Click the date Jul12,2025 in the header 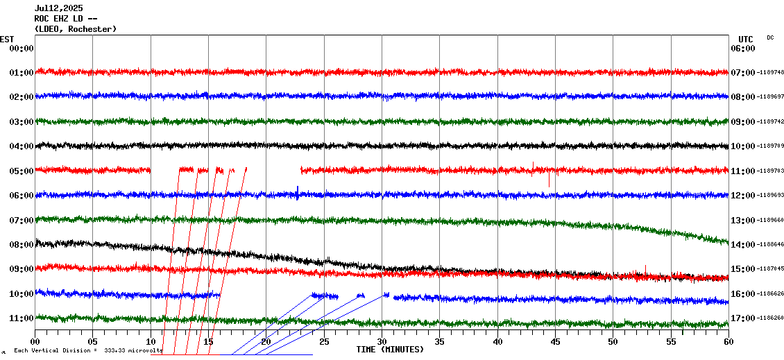click(58, 8)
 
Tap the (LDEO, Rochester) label click(76, 29)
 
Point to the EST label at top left click(7, 39)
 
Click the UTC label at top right click(746, 39)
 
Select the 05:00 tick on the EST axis click(22, 171)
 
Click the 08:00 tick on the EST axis click(22, 245)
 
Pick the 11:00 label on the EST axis click(22, 318)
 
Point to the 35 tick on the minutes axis click(440, 342)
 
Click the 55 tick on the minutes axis click(671, 342)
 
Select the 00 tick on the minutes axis click(35, 342)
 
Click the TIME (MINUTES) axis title click(390, 350)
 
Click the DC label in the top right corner click(770, 37)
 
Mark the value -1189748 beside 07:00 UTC click(771, 73)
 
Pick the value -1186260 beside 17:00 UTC click(771, 318)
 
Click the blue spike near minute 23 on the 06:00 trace click(298, 191)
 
